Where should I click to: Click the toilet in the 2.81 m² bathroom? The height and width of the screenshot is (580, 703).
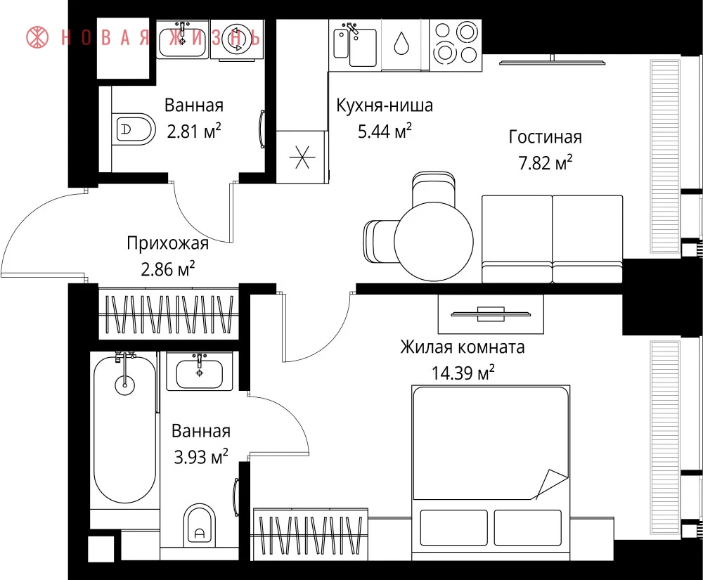pyautogui.click(x=133, y=129)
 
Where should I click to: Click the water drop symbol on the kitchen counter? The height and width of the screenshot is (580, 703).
pyautogui.click(x=401, y=44)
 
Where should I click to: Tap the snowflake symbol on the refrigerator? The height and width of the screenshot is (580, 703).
pyautogui.click(x=302, y=157)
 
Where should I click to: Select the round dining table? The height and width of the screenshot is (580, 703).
pyautogui.click(x=434, y=241)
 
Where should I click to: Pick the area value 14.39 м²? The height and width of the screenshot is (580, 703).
pyautogui.click(x=463, y=373)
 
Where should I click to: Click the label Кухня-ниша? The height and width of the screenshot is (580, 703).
pyautogui.click(x=385, y=105)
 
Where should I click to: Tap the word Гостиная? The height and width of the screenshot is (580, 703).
pyautogui.click(x=546, y=136)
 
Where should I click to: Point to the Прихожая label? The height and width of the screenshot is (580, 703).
pyautogui.click(x=168, y=243)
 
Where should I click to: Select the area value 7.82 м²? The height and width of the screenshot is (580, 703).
pyautogui.click(x=546, y=162)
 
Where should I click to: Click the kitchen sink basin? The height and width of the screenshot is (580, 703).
pyautogui.click(x=363, y=48)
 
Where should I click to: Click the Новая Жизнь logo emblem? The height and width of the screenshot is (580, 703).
pyautogui.click(x=37, y=37)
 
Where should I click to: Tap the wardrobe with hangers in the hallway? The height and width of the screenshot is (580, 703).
pyautogui.click(x=168, y=314)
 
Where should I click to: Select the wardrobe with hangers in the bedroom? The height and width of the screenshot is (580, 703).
pyautogui.click(x=310, y=535)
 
